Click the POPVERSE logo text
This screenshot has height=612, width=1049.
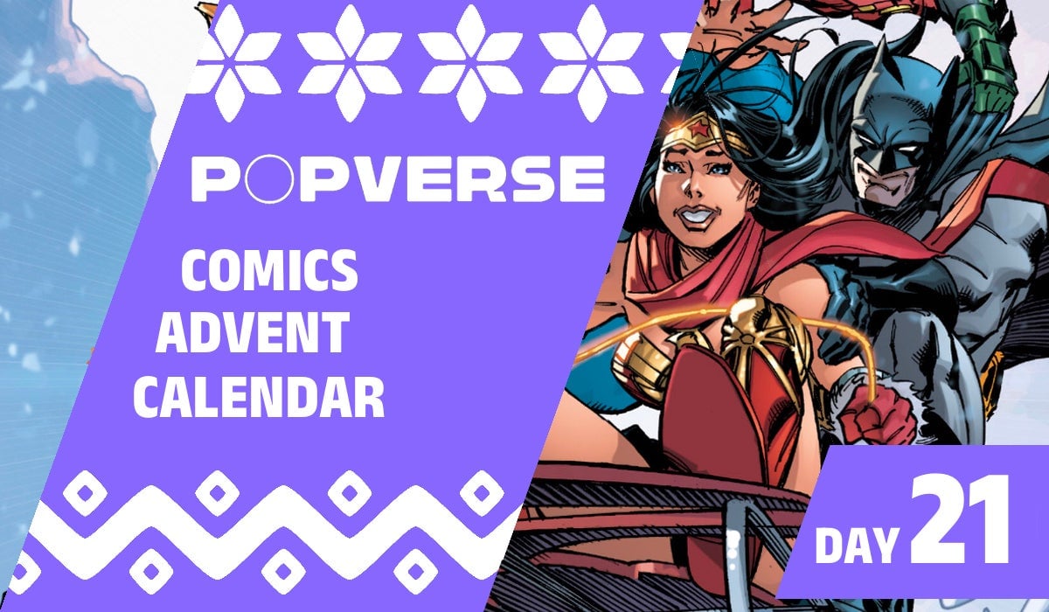click(398, 178)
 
